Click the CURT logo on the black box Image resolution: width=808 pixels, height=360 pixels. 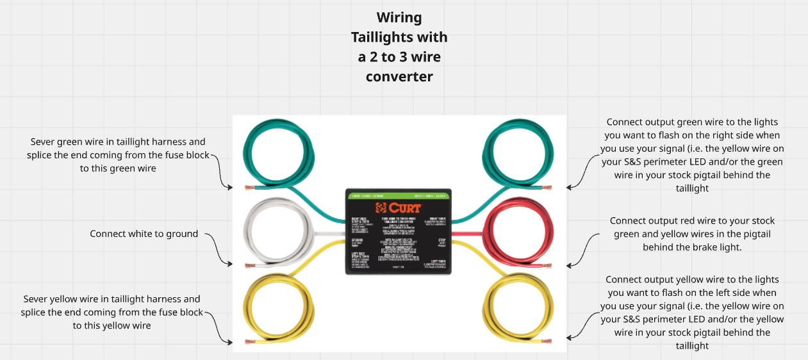click(399, 208)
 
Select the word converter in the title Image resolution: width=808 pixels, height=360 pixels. click(399, 77)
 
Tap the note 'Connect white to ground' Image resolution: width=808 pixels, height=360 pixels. click(144, 234)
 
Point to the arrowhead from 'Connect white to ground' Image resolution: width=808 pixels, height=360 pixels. click(230, 263)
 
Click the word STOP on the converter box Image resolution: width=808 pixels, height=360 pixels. click(441, 240)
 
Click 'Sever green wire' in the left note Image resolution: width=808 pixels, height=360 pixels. click(67, 142)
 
